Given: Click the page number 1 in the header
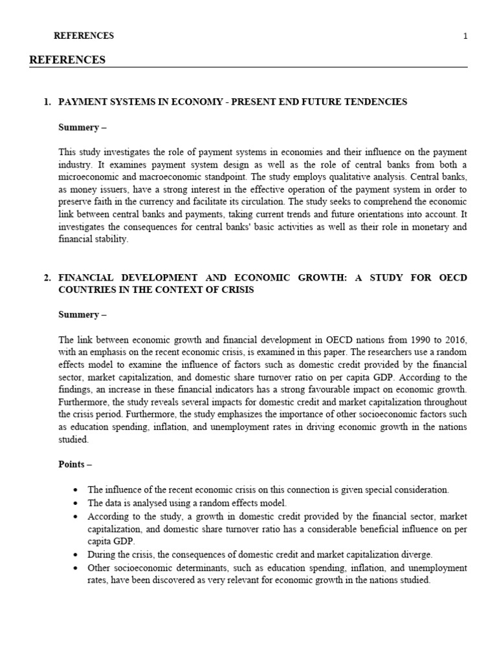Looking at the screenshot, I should pos(465,36).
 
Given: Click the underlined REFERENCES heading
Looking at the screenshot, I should pos(67,60).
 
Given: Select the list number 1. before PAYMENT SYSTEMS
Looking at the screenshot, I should pos(47,102).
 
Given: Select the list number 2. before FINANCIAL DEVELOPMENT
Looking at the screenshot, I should pos(47,277).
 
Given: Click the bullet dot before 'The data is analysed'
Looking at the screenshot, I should pos(76,503).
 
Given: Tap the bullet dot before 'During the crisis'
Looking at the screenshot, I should pos(76,555).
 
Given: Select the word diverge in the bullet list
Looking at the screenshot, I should pos(400,555).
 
